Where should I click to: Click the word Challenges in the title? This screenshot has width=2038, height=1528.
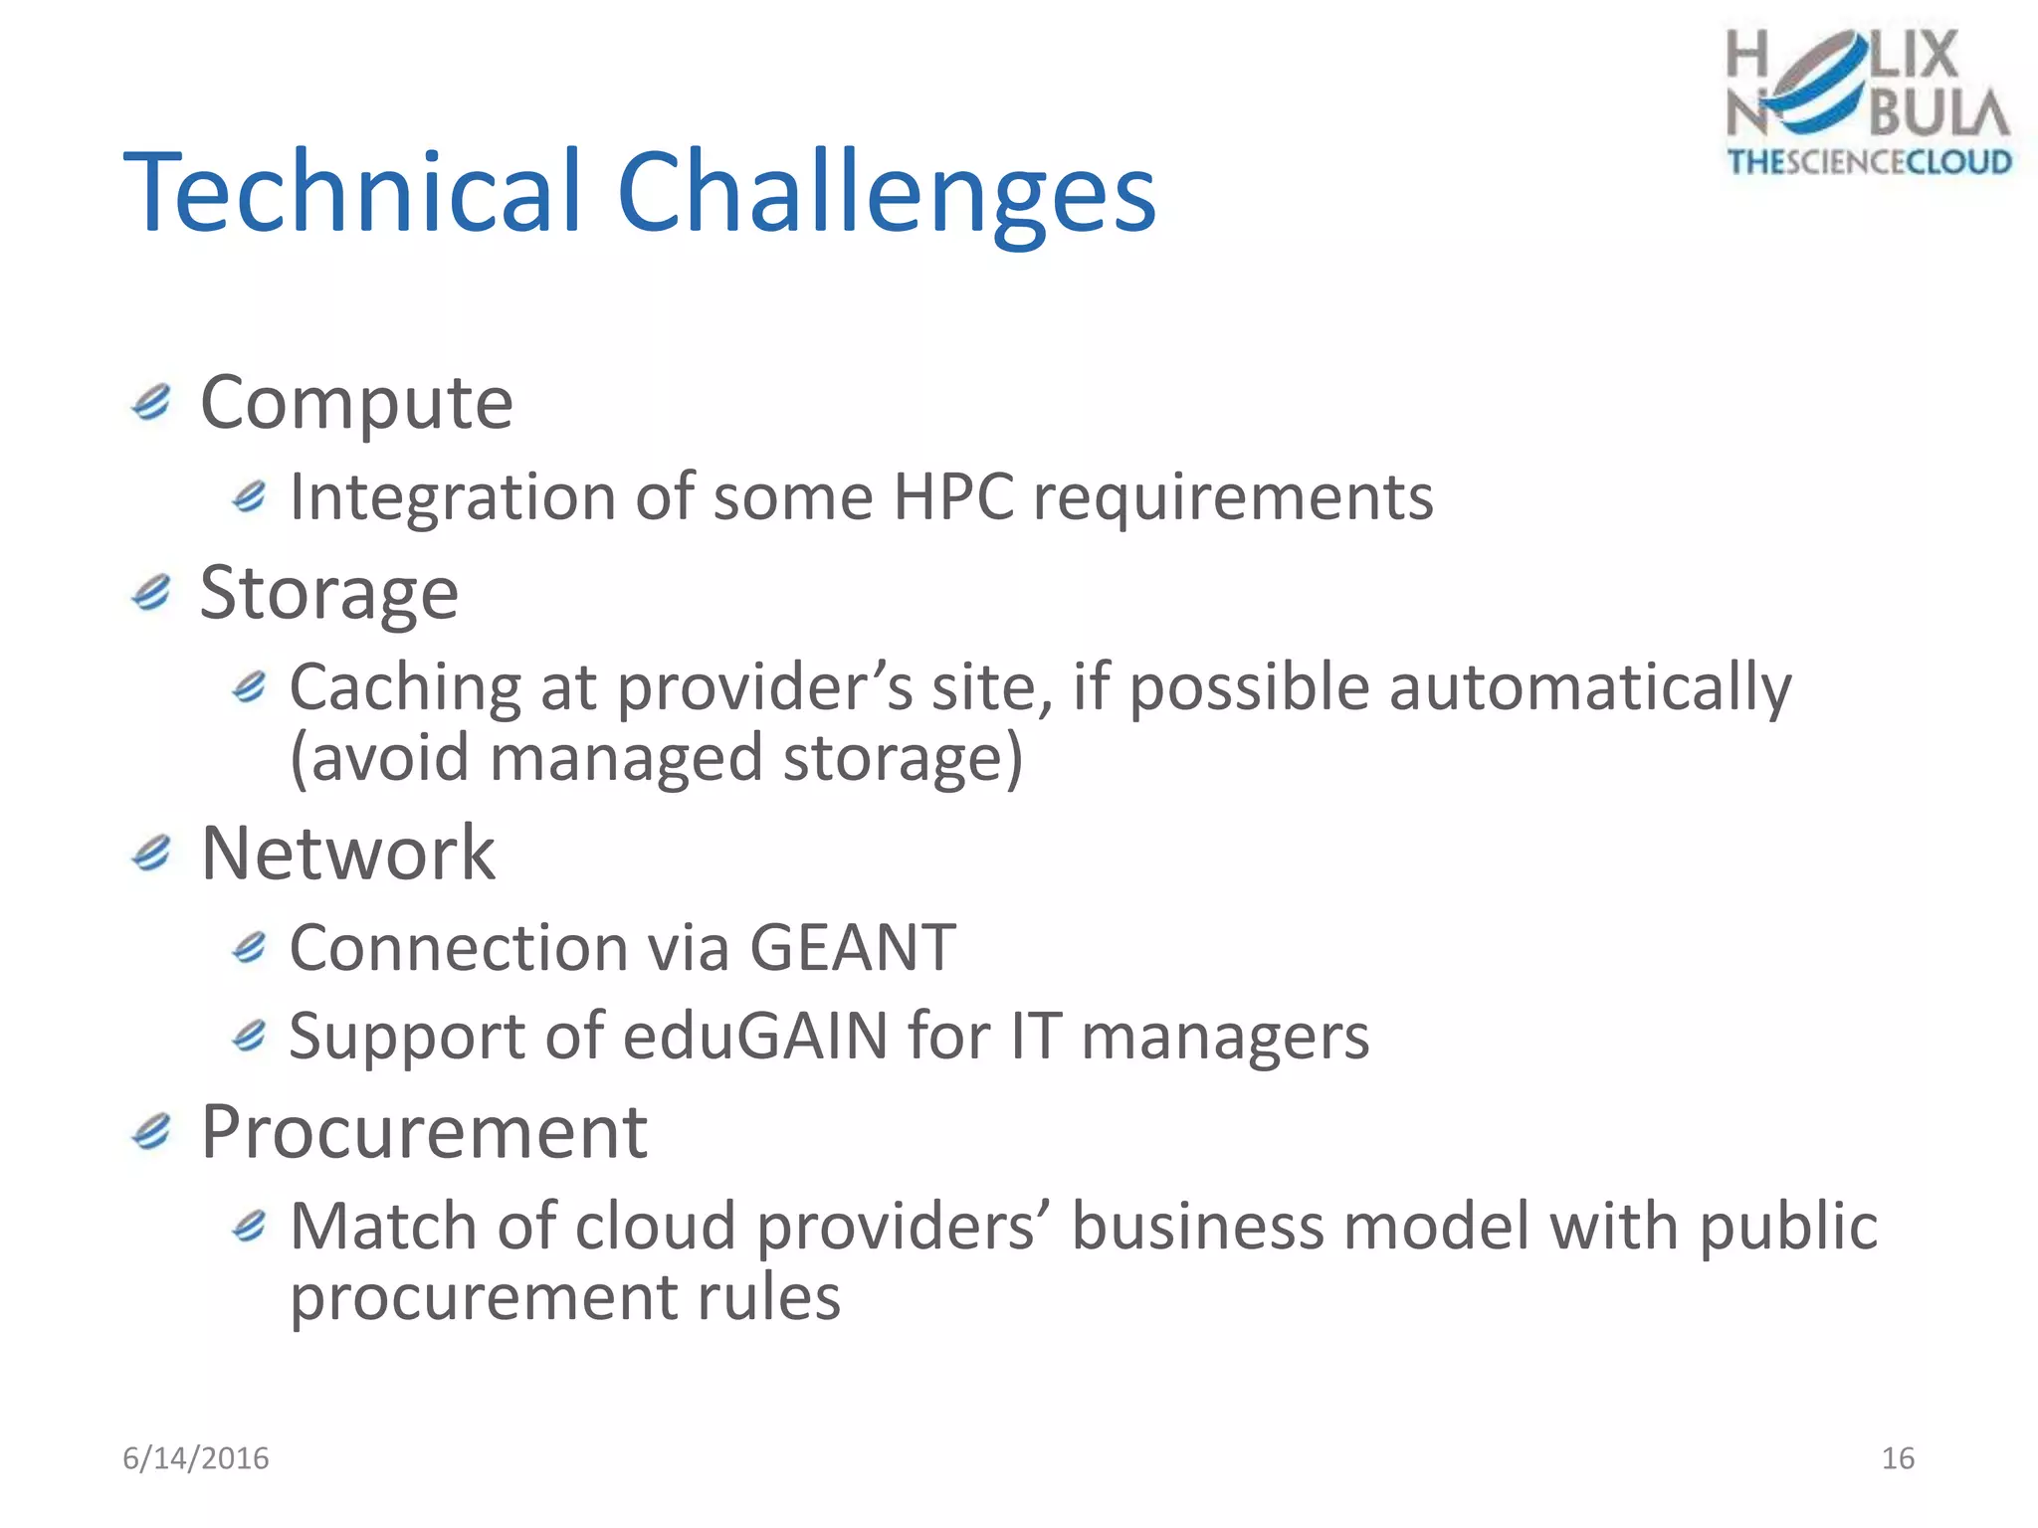[886, 194]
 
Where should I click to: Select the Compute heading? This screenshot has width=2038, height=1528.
[356, 403]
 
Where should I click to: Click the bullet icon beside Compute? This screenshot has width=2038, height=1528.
[151, 402]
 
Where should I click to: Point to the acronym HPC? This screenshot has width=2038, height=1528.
[953, 496]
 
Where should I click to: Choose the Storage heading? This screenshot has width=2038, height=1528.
[328, 593]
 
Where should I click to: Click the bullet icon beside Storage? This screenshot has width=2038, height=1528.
[151, 593]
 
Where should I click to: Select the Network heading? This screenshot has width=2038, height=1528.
[347, 854]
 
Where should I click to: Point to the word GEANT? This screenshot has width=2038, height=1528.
[852, 947]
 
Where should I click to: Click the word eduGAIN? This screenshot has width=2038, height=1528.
[755, 1037]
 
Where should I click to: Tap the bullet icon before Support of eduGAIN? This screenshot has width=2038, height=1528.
[249, 1036]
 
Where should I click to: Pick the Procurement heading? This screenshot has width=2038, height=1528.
[424, 1132]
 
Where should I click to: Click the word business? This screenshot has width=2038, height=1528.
[1197, 1226]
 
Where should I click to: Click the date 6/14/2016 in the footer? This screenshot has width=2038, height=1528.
[195, 1458]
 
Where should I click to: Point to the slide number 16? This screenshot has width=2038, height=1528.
[1898, 1458]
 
